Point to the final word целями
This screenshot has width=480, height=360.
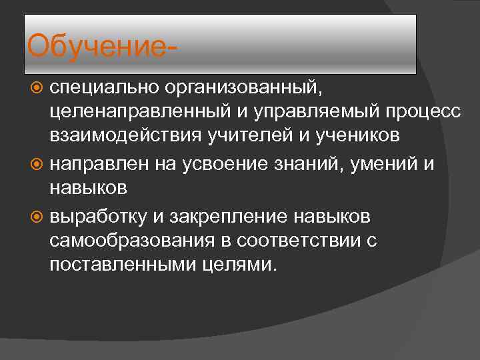tap(239, 265)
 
